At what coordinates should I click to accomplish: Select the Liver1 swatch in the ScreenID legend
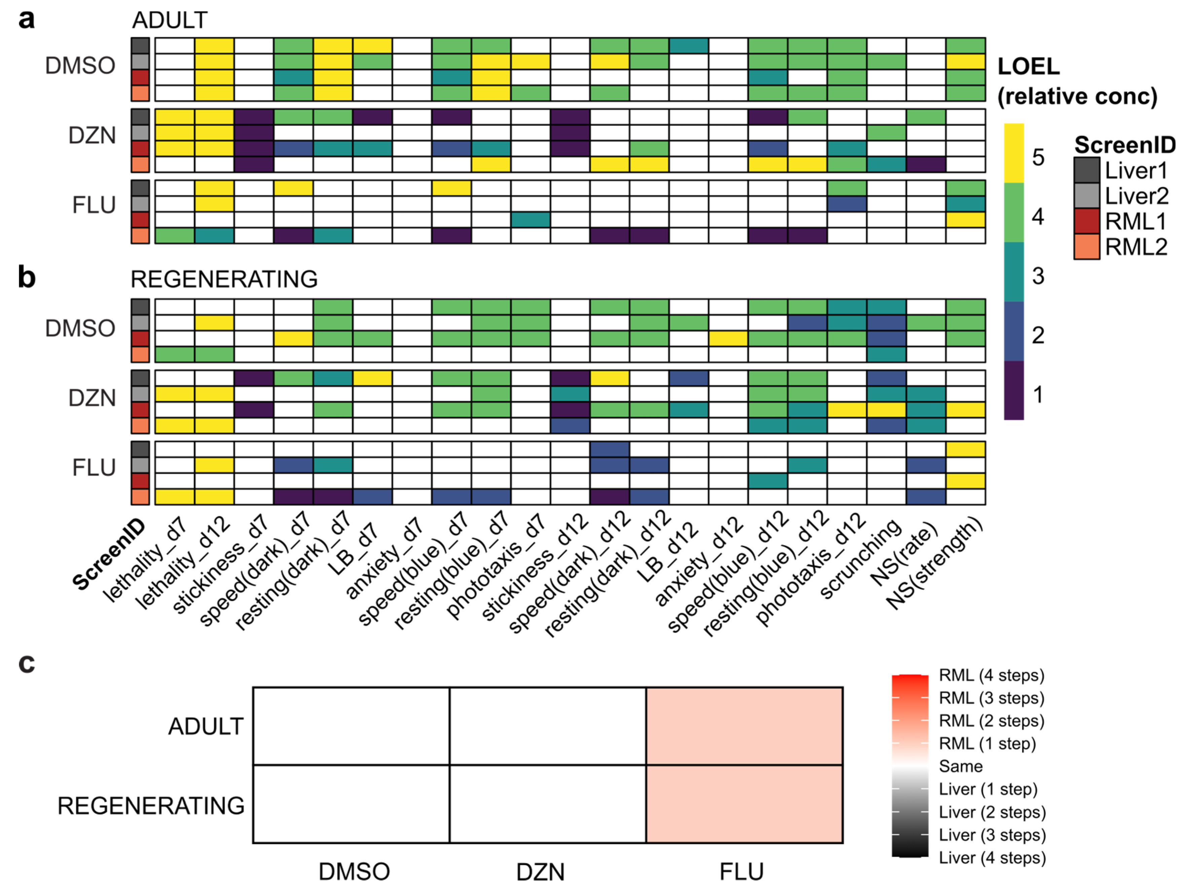[1086, 170]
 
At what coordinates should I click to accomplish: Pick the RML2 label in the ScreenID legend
[1136, 247]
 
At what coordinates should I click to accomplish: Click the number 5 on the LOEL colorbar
[1038, 158]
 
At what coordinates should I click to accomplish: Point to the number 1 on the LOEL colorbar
[1038, 395]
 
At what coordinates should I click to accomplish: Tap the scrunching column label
[859, 560]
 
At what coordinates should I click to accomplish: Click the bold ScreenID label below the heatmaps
[109, 555]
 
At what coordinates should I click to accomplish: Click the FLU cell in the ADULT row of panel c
[744, 726]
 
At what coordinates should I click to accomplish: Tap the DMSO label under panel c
[354, 871]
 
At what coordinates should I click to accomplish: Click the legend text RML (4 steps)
[991, 675]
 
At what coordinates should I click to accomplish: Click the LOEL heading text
[1028, 66]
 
